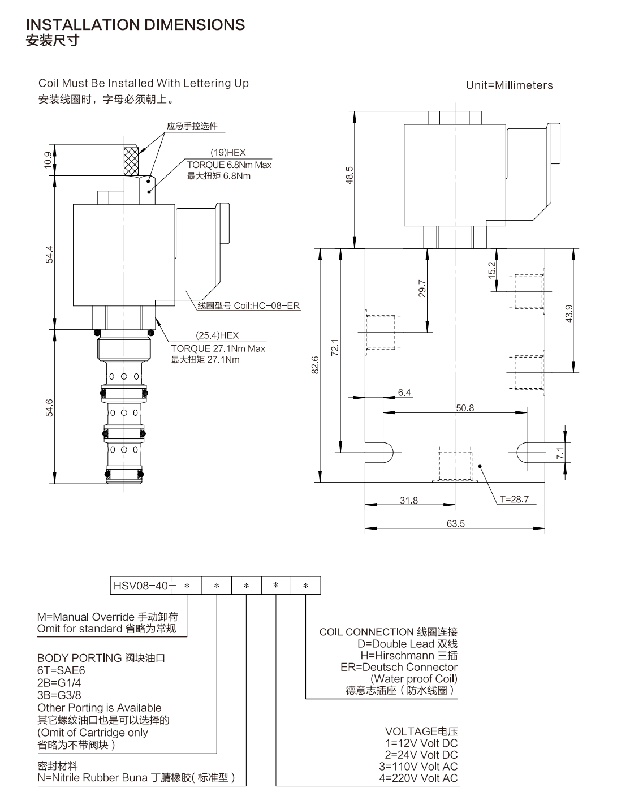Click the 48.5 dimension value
(x=349, y=175)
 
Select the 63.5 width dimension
(x=455, y=523)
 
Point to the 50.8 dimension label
(x=465, y=408)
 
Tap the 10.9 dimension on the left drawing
(x=49, y=160)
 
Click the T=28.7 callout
(x=514, y=499)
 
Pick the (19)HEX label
(x=228, y=152)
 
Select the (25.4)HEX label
(x=217, y=335)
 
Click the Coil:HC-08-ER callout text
(x=266, y=305)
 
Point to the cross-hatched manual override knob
(x=131, y=161)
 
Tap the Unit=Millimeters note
(x=509, y=85)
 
